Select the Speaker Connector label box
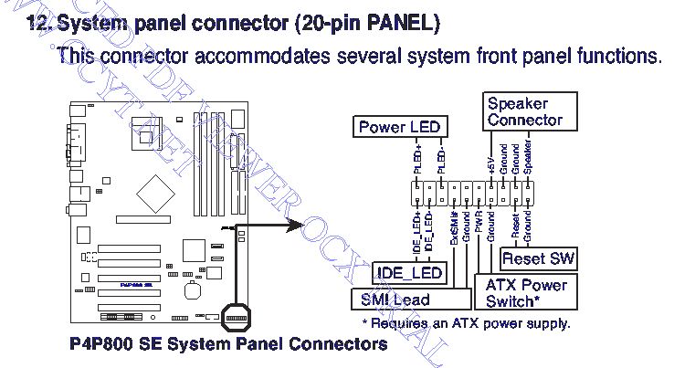pos(524,112)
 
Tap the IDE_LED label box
pos(409,273)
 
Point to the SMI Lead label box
pos(395,299)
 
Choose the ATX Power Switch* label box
pos(525,292)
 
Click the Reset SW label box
pos(538,259)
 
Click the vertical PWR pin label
pos(479,219)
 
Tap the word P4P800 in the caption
pos(105,345)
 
